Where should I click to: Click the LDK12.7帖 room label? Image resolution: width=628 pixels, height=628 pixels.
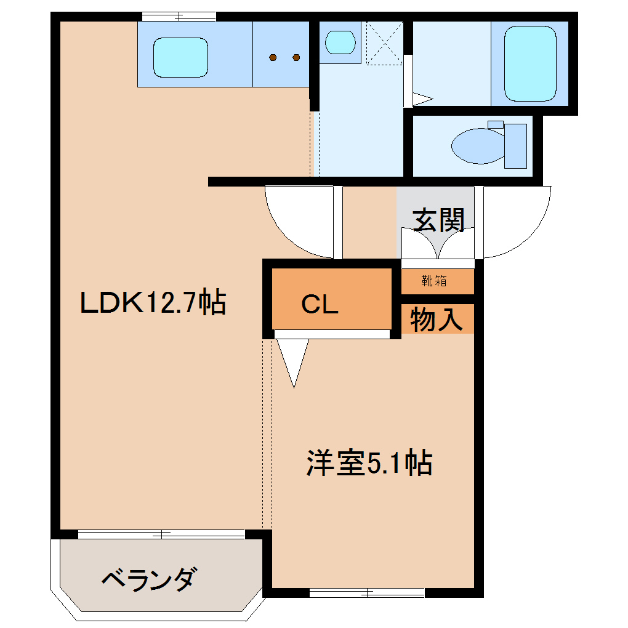(x=153, y=303)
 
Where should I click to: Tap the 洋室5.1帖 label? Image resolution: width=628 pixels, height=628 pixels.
(x=369, y=463)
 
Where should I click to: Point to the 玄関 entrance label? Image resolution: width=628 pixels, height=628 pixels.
(x=438, y=220)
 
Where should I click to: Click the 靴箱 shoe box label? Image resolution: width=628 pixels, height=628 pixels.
(x=434, y=282)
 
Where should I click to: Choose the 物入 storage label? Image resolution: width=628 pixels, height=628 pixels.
(x=436, y=320)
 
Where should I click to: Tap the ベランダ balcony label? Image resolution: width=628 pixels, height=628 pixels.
(x=150, y=579)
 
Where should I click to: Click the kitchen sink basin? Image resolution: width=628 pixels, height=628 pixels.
(x=180, y=57)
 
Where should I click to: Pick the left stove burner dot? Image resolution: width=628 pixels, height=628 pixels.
(x=273, y=58)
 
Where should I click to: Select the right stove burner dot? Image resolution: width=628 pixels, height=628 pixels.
(x=296, y=58)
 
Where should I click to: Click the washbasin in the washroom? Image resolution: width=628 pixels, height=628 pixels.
(x=340, y=42)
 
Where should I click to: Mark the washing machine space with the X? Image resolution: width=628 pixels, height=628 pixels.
(x=385, y=42)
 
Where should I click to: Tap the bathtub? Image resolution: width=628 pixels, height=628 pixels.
(x=529, y=63)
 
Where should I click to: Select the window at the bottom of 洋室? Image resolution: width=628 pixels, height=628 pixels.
(x=367, y=593)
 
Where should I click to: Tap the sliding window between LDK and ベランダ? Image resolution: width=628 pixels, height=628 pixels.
(x=161, y=534)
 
